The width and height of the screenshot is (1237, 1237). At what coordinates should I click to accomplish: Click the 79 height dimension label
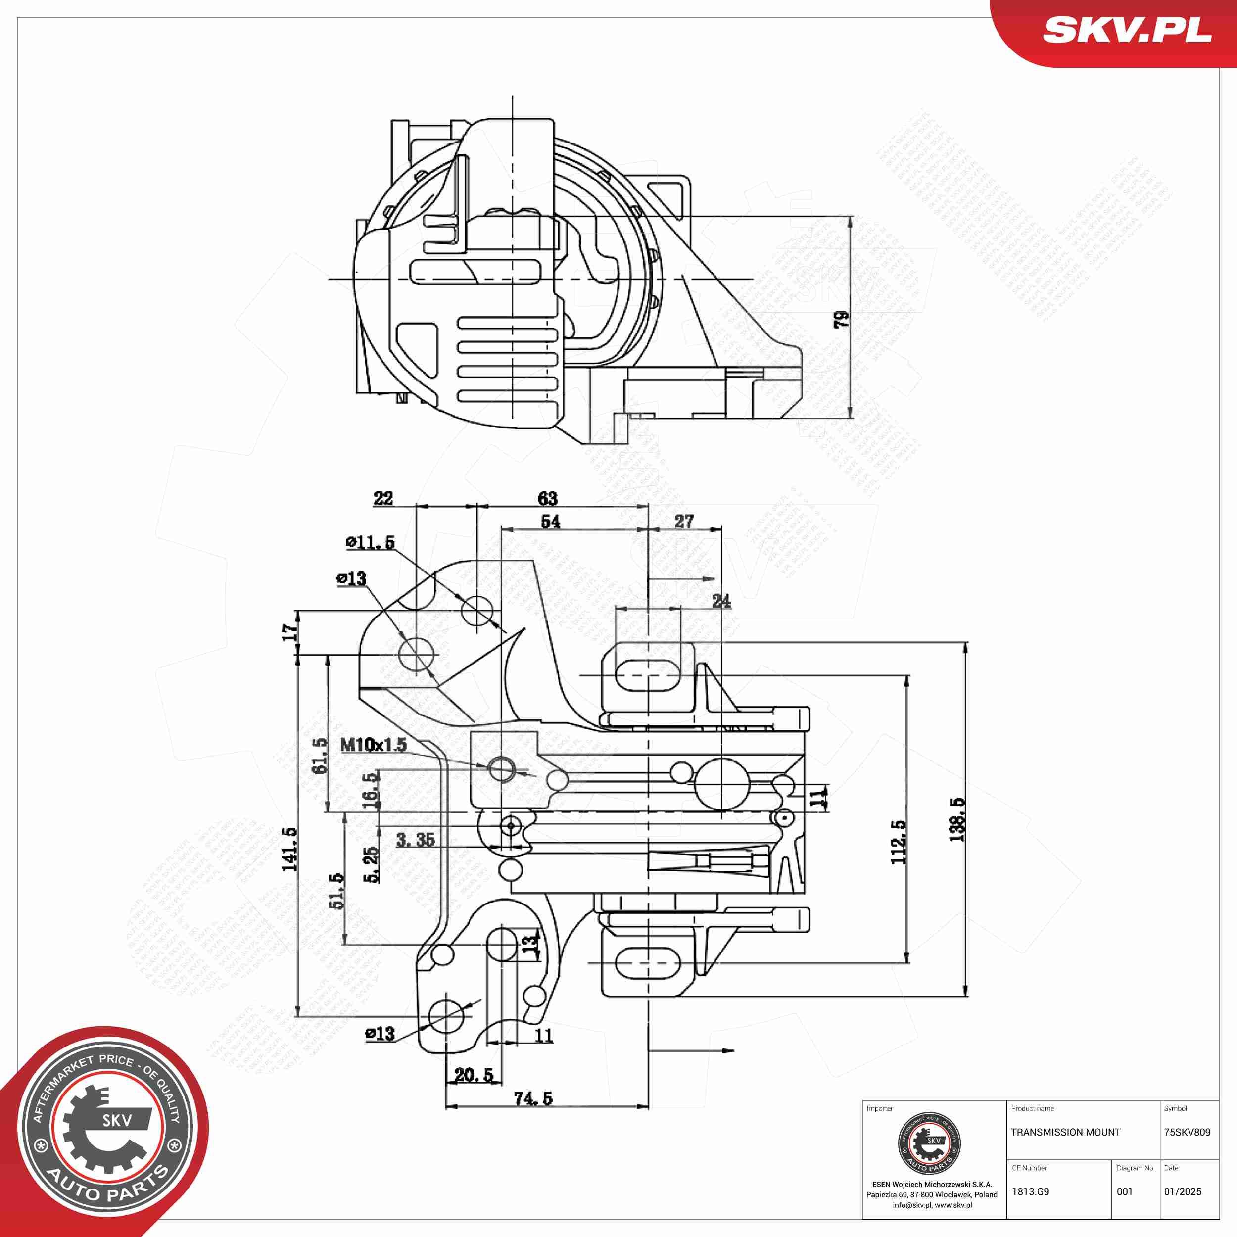pyautogui.click(x=841, y=319)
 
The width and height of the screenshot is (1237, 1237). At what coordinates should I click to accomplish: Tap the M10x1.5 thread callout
pyautogui.click(x=373, y=745)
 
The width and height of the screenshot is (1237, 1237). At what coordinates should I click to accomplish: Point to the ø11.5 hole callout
pyautogui.click(x=370, y=542)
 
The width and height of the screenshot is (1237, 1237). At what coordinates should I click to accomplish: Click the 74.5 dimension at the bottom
pyautogui.click(x=533, y=1098)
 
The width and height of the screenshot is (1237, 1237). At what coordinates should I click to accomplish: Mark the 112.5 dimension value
pyautogui.click(x=899, y=842)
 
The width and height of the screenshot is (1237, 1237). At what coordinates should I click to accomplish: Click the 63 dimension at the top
pyautogui.click(x=547, y=498)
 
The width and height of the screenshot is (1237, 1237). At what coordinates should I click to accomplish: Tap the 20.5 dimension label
pyautogui.click(x=474, y=1075)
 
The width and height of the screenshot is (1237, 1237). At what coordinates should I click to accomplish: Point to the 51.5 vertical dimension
pyautogui.click(x=337, y=891)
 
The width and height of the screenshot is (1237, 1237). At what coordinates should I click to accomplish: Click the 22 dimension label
pyautogui.click(x=383, y=498)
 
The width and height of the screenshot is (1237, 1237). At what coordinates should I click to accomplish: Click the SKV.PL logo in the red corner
pyautogui.click(x=1127, y=30)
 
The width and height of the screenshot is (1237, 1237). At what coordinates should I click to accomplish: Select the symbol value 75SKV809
pyautogui.click(x=1187, y=1132)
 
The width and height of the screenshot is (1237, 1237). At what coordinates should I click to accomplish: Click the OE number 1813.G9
pyautogui.click(x=1030, y=1191)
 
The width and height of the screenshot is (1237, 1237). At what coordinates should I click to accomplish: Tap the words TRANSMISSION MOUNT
pyautogui.click(x=1065, y=1132)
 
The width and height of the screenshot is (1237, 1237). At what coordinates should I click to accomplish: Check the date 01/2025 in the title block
pyautogui.click(x=1183, y=1191)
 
